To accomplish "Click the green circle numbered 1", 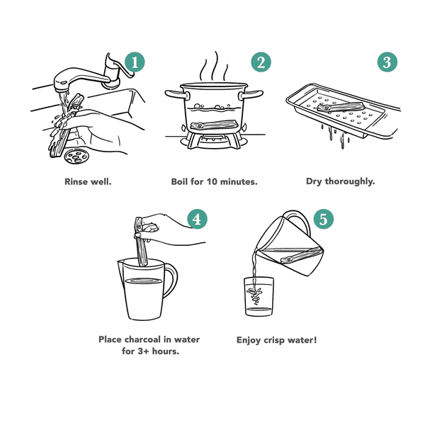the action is [x=135, y=62].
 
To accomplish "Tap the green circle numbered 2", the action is [x=261, y=62].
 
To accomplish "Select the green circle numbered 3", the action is [x=387, y=62].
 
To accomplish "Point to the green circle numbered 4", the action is [x=198, y=219].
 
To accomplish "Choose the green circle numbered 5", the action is [x=324, y=219].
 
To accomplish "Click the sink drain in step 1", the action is [x=76, y=156].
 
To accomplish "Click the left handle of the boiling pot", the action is [x=177, y=95].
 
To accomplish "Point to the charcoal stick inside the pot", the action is [x=215, y=125].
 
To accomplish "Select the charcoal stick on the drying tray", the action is [x=341, y=106].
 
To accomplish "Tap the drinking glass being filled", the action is [x=259, y=296].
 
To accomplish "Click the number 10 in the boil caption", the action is [x=212, y=181].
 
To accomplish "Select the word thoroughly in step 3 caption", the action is [x=350, y=181].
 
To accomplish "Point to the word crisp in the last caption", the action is [x=273, y=341].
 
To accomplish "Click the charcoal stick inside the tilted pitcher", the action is [x=302, y=255].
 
